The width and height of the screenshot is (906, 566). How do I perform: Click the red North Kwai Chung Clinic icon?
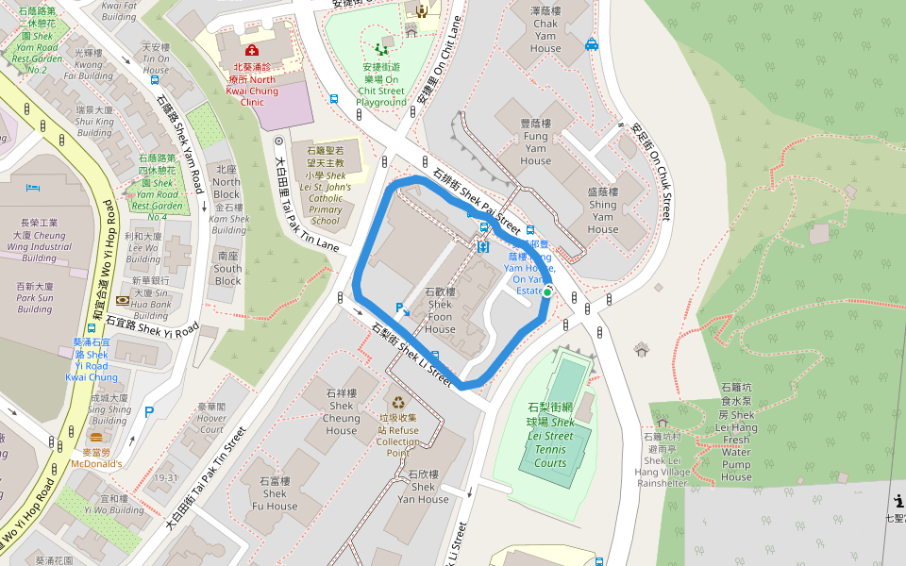pos(251,49)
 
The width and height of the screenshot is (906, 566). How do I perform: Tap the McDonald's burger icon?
pos(95,438)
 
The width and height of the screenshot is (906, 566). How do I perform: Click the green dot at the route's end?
pos(546,293)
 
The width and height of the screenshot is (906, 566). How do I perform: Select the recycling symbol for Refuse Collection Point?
pos(398,402)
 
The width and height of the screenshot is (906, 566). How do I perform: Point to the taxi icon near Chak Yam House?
pos(592,43)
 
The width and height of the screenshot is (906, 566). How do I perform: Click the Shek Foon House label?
pos(440,310)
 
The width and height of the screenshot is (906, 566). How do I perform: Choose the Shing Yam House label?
pos(602,210)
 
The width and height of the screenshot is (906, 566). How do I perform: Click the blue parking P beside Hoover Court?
pos(148,411)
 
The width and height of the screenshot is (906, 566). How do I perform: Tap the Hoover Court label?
pos(211,418)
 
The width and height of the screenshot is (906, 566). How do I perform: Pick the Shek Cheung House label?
pos(341,411)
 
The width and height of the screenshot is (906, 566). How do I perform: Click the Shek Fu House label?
pos(275,493)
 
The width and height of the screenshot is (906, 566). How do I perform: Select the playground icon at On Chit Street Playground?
pos(381,48)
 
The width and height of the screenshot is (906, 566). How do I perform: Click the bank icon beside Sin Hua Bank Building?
pos(123,300)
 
